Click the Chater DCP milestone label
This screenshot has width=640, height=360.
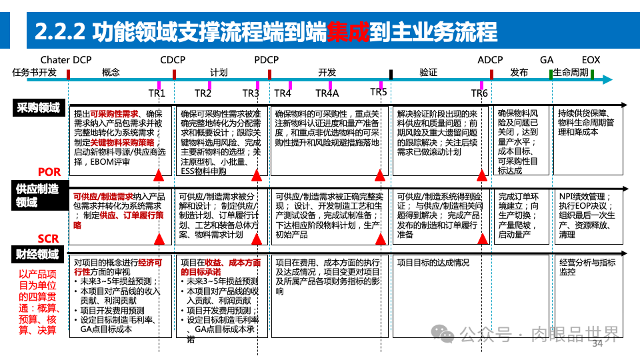coord(66,60)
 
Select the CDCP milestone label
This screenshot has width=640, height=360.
coord(173,60)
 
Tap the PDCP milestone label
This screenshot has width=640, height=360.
coord(267,60)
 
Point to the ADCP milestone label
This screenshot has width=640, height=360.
coord(490,60)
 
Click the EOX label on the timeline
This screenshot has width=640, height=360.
coord(591,60)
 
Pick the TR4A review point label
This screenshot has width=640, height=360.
coord(327,93)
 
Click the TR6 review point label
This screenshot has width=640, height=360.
coord(479,93)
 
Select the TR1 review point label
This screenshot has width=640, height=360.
coord(156,93)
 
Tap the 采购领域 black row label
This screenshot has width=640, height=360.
coord(38,107)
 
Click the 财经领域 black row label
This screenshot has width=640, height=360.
coord(38,254)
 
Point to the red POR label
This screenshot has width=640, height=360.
coord(49,173)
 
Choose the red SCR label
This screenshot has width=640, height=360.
coord(48,239)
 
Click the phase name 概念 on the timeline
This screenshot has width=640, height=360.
coord(111,73)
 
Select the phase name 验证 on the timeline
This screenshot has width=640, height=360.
coord(428,73)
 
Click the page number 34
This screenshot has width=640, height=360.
coord(597,343)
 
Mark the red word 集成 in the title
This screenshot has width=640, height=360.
coord(347,31)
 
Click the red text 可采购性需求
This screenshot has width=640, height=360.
coord(114,115)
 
